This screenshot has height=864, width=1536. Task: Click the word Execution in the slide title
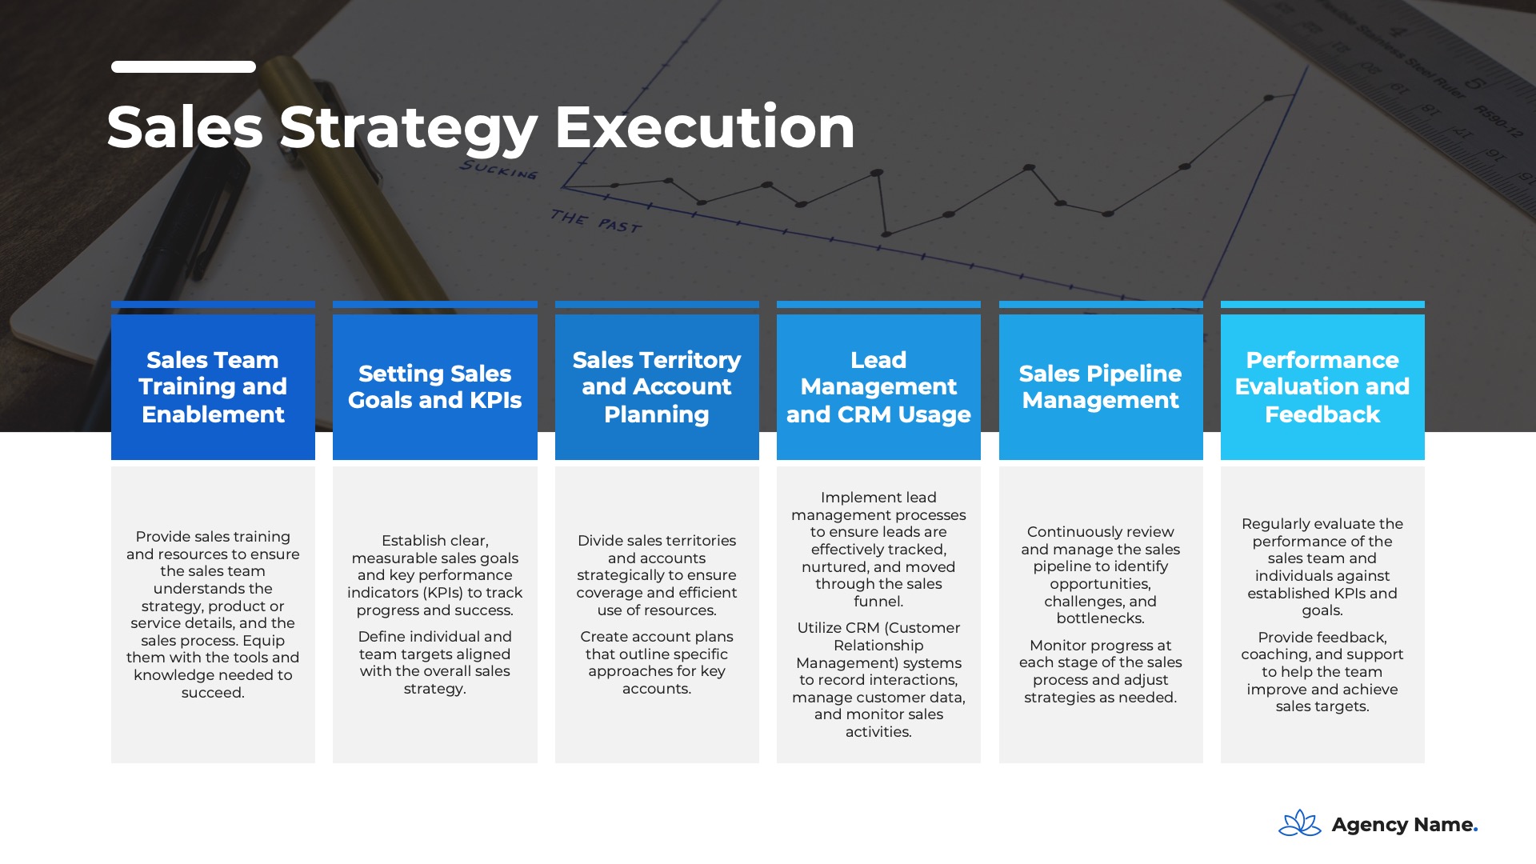coord(705,127)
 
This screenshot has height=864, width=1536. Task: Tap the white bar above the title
coord(183,66)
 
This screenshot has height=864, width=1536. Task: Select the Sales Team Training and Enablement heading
coord(213,387)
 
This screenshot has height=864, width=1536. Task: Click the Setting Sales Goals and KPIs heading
coord(434,386)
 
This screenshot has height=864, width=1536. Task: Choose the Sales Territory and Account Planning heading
coord(657,387)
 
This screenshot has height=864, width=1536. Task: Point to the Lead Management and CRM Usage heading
coord(878,387)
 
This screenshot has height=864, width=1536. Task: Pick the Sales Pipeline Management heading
coord(1100,386)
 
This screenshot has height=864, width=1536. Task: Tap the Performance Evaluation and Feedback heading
coord(1322,387)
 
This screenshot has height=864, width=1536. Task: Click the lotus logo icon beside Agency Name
coord(1300,823)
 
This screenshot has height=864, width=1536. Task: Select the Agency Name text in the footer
coord(1404,825)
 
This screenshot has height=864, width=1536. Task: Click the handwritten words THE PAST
coord(596,222)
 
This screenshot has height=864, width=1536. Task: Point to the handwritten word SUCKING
coord(498,169)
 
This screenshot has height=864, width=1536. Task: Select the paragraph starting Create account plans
coord(657,662)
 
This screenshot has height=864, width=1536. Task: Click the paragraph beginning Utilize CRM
coord(878,680)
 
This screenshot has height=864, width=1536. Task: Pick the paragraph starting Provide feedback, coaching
coord(1322,672)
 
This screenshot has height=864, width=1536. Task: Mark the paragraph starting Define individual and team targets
coord(434,662)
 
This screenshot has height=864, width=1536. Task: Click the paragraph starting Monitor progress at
coord(1100,671)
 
